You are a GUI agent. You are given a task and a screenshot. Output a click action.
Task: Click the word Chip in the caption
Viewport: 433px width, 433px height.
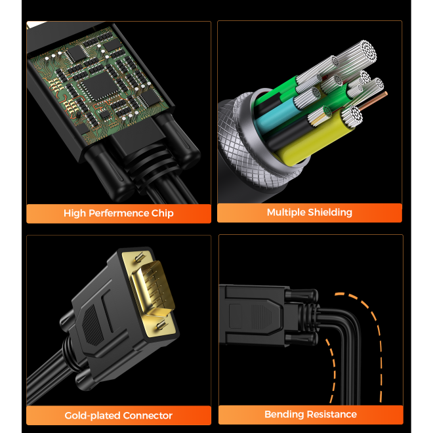tap(163, 213)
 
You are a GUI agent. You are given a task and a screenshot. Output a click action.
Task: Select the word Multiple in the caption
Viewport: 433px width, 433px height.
tap(286, 213)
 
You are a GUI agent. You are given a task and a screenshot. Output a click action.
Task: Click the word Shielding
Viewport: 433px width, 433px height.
tap(330, 213)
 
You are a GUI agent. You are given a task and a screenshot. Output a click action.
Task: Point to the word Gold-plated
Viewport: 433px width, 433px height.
tap(93, 415)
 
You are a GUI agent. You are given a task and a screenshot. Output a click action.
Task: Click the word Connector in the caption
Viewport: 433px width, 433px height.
tap(148, 415)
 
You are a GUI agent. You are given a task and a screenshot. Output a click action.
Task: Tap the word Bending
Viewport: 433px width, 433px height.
tap(284, 414)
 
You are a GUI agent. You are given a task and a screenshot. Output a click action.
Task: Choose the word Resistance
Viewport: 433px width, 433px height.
tap(332, 414)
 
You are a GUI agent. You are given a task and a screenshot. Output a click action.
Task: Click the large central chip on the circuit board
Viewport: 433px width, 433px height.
tap(100, 85)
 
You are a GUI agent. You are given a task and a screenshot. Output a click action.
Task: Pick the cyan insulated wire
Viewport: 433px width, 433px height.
tap(276, 113)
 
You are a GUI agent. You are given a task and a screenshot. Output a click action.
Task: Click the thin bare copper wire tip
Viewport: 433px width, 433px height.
tap(385, 94)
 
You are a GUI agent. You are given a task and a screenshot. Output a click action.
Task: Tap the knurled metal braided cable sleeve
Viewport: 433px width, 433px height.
tap(243, 141)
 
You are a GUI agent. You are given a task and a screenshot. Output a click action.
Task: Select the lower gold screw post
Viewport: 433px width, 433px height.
tap(162, 325)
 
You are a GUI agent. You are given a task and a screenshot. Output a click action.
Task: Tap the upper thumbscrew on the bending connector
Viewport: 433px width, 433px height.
tap(302, 295)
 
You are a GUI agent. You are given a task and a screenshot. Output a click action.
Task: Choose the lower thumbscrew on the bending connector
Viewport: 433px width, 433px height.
tap(302, 339)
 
